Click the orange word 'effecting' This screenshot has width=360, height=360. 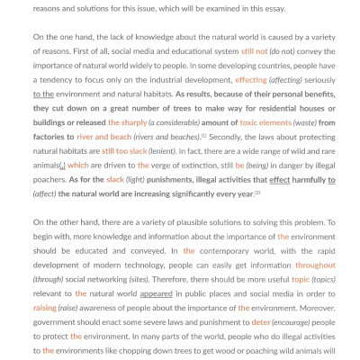pyautogui.click(x=251, y=80)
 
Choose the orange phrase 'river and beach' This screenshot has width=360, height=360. pyautogui.click(x=103, y=137)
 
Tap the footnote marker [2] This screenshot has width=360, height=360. pyautogui.click(x=257, y=192)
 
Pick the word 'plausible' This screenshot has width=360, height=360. pyautogui.click(x=185, y=222)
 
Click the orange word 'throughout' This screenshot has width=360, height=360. pyautogui.click(x=315, y=265)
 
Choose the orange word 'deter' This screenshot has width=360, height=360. pyautogui.click(x=261, y=322)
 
